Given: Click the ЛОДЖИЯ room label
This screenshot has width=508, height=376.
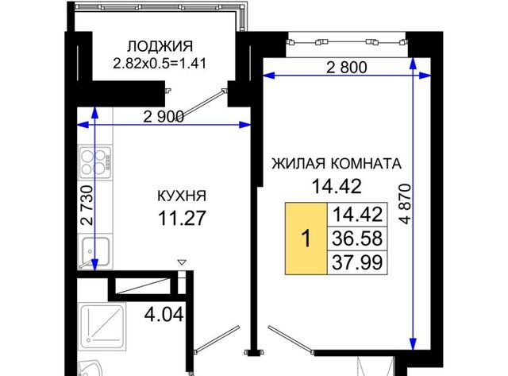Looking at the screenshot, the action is click(160, 46).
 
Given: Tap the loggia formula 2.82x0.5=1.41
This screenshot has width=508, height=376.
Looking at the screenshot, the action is click(160, 63).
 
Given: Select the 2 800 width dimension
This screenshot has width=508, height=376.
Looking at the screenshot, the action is click(347, 68).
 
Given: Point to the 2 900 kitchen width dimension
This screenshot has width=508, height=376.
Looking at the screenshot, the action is click(164, 117).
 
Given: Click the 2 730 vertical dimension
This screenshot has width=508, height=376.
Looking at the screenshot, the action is click(87, 205).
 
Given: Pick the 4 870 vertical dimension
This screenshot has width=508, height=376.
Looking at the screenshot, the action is click(405, 204).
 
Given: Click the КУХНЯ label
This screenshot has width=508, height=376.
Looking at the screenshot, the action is click(182, 196).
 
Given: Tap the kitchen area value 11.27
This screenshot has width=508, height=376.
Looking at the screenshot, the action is click(182, 218).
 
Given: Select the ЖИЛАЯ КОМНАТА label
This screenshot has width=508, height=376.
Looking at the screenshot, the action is click(337, 164).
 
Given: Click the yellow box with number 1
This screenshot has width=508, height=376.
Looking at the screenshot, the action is click(306, 238).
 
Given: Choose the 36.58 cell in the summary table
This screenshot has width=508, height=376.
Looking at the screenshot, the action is click(357, 238).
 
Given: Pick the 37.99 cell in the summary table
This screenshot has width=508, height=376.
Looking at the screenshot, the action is click(357, 262).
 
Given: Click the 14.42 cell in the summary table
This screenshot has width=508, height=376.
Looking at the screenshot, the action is click(357, 215).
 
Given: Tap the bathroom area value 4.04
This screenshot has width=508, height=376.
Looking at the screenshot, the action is click(164, 314).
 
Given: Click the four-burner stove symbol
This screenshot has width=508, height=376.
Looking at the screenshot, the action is click(96, 163).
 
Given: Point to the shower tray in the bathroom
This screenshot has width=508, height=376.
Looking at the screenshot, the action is click(102, 327).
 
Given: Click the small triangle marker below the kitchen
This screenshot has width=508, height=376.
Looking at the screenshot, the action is click(182, 262).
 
